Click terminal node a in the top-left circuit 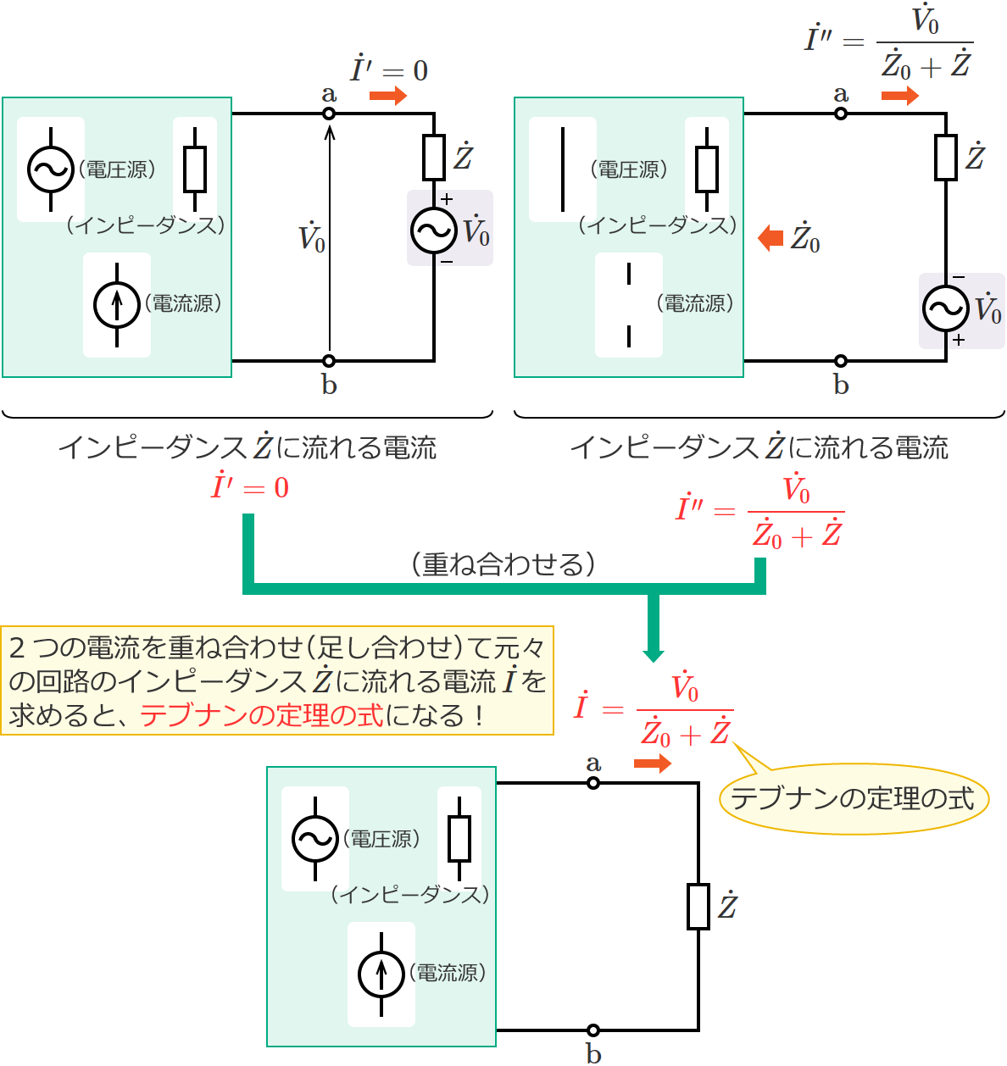[330, 114]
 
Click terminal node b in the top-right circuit [841, 361]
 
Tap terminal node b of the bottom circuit [593, 1030]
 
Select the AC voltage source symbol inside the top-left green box [51, 169]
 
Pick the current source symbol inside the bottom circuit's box [381, 974]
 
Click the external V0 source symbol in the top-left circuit [434, 230]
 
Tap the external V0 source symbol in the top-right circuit [946, 309]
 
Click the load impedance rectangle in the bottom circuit [698, 907]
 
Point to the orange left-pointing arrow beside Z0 [771, 238]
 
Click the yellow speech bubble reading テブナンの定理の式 [854, 798]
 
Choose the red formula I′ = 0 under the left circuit [250, 487]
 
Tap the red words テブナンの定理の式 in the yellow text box [262, 715]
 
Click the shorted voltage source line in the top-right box [563, 169]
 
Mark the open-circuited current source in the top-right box [629, 305]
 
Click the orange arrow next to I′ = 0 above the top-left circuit [388, 96]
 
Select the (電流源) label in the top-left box [184, 303]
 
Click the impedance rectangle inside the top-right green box [707, 169]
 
